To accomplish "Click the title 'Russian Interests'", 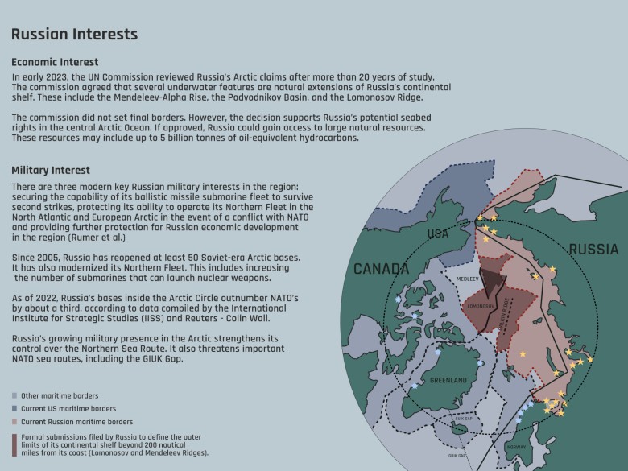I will (74, 35).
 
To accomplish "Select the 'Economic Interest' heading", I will (55, 62).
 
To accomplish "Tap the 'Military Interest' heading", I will (51, 171).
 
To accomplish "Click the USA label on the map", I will (437, 234).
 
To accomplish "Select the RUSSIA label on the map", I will (593, 250).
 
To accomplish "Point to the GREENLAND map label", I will (449, 379).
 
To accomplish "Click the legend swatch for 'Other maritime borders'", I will (14, 396).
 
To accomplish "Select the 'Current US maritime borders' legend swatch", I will (14, 409).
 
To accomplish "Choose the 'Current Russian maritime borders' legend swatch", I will (14, 422).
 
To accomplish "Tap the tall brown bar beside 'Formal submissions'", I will (14, 445).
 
